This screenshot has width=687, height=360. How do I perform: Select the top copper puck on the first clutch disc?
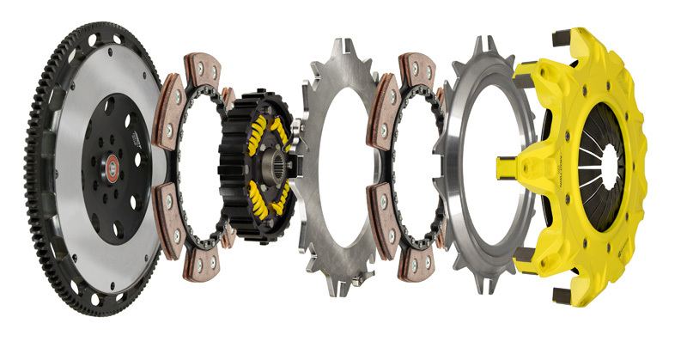(x=199, y=68)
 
